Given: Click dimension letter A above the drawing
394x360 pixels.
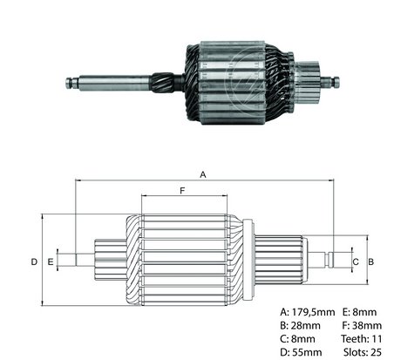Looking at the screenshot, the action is point(203,174).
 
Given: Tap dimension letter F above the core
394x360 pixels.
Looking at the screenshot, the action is point(182,191).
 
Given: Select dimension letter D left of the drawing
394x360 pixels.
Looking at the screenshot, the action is point(34,262).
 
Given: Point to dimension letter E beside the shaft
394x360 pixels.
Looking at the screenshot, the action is point(51,262).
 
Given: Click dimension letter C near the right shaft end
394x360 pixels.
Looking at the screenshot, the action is point(356,262).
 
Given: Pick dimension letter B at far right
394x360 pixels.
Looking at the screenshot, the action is point(371,262).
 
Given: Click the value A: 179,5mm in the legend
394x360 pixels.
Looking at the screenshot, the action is point(308,312).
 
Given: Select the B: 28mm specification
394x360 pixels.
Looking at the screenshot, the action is point(300,325).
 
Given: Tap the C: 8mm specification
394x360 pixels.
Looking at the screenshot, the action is point(297,339).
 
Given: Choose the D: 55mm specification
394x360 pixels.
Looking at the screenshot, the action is point(301,352).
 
